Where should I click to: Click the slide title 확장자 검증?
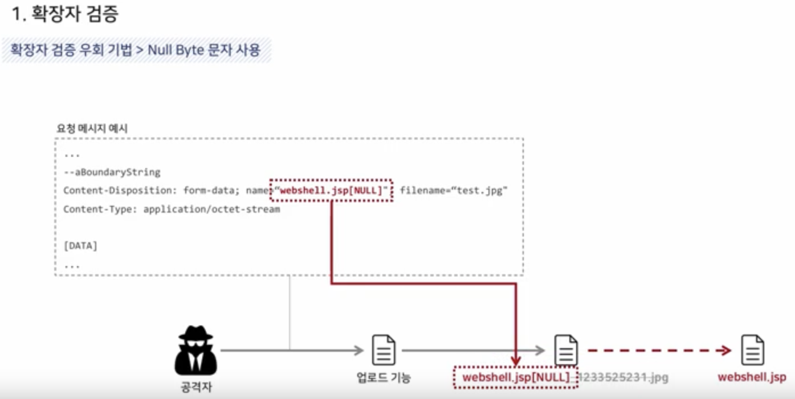pos(65,14)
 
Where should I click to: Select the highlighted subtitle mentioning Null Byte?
pos(136,50)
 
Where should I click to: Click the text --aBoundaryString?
pos(112,172)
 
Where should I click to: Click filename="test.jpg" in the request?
pos(453,190)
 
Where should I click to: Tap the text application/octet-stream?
pos(211,209)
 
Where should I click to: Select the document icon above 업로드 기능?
pos(384,350)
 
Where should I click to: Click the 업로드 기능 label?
pos(384,377)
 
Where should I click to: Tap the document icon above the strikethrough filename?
pos(566,350)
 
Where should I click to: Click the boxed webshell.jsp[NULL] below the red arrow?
pos(516,377)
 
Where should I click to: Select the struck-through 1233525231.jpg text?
pos(623,377)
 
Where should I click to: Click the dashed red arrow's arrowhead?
pos(725,350)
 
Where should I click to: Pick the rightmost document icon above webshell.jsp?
pos(752,350)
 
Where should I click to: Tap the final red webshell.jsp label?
pos(752,377)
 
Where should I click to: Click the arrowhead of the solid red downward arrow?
pos(516,360)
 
